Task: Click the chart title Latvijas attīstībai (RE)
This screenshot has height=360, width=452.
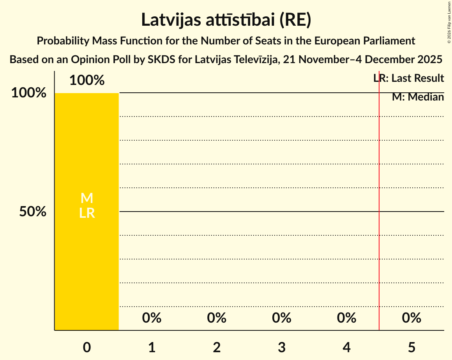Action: coord(226,19)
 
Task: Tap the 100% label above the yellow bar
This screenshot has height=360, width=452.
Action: coord(87,80)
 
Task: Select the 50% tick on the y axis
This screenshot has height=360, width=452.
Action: coord(33,212)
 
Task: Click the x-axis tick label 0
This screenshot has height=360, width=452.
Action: coord(87,347)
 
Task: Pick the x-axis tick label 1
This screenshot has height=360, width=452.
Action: coord(152,347)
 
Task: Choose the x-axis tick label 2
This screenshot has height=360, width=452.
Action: coord(217,347)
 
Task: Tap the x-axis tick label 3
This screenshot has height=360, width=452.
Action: coord(282,347)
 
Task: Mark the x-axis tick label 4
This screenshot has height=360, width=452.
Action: coord(347,347)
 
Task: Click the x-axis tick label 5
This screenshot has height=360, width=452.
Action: coord(411,347)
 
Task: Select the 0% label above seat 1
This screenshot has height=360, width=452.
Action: coord(152,318)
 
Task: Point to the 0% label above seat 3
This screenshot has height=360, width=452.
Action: coord(282,318)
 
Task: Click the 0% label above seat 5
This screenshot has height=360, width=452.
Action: coord(411,318)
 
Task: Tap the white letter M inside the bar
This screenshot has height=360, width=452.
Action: coord(87,198)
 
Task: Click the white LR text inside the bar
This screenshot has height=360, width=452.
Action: coord(87,213)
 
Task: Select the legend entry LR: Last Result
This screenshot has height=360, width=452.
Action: coord(408,78)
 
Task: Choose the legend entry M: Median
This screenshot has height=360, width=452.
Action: coord(418,97)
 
